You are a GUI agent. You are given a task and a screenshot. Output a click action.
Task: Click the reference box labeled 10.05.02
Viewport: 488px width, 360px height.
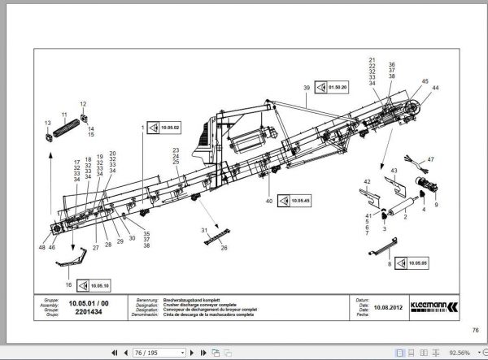pos(165,128)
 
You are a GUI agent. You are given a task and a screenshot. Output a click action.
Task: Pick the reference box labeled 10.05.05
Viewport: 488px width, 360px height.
pos(413,263)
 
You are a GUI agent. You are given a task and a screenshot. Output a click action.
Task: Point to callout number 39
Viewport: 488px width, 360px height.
pos(307,87)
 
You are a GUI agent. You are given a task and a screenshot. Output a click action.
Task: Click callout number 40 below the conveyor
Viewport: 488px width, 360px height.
pos(268,199)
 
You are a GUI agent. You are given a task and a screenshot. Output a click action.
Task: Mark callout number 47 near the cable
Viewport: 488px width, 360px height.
pos(431,159)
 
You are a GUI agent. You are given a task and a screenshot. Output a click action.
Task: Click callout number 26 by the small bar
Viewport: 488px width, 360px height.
pos(224,247)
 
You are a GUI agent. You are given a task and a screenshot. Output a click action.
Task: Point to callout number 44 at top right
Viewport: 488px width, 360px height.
pos(435,87)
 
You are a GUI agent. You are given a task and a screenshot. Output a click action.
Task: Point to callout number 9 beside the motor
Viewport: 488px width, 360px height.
pos(436,205)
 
